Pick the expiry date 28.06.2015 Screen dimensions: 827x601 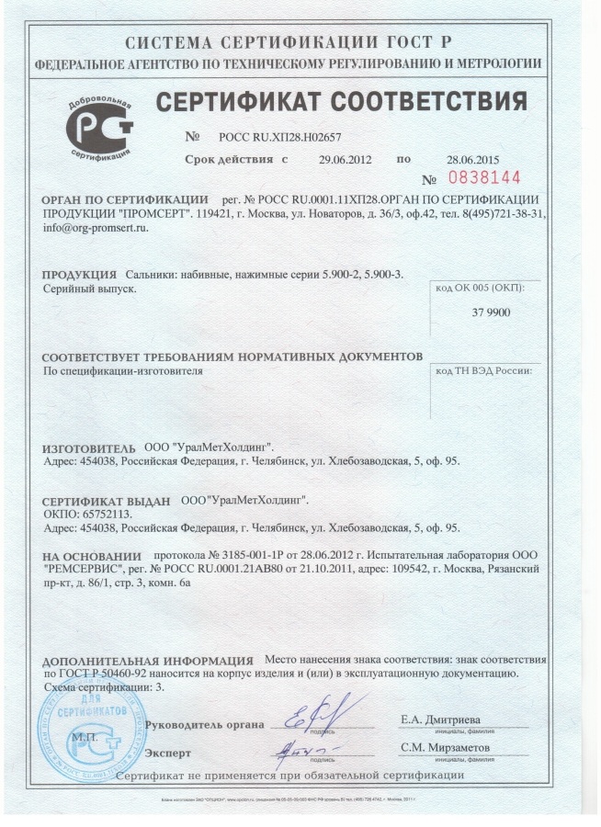471,159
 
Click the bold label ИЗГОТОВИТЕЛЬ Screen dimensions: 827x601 89,447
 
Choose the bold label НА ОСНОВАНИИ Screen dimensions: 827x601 92,557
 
